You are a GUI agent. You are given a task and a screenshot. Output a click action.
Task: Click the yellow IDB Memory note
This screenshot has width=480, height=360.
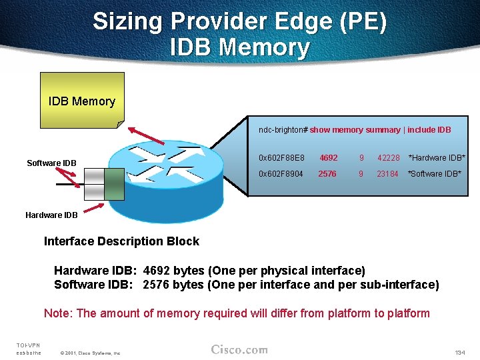click(82, 101)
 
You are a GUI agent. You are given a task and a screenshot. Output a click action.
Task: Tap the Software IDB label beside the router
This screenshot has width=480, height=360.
click(51, 163)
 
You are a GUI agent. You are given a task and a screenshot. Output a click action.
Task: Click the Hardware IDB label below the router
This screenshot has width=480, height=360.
click(51, 215)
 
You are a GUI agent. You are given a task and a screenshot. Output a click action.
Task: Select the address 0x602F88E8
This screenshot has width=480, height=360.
click(281, 158)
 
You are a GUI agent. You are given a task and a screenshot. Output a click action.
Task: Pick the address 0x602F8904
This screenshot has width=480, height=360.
click(280, 174)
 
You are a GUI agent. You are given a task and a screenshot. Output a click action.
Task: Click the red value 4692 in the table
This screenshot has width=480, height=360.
click(328, 158)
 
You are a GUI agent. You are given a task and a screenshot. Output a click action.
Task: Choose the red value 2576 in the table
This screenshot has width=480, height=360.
click(327, 174)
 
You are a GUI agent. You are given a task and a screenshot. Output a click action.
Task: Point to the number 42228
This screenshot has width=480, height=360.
click(388, 158)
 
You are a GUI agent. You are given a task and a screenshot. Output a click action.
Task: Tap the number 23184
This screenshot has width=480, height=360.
click(387, 174)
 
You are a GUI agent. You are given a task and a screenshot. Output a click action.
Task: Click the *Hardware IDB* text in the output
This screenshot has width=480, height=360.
click(437, 158)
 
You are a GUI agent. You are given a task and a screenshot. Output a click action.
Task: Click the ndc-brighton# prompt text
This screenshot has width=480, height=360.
click(283, 130)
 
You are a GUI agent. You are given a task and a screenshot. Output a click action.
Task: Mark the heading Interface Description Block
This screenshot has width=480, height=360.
click(121, 241)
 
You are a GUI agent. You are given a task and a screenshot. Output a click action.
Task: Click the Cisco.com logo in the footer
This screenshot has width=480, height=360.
click(239, 349)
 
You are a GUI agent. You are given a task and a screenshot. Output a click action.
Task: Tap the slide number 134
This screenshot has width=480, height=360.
click(459, 352)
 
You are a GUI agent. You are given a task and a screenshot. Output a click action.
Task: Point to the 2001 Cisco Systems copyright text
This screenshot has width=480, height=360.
click(90, 353)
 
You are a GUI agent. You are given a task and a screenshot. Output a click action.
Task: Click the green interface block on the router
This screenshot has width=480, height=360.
click(114, 183)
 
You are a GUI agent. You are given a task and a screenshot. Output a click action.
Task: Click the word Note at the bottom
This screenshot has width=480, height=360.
click(57, 313)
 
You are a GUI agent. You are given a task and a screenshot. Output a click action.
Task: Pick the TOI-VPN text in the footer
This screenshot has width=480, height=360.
click(28, 345)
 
